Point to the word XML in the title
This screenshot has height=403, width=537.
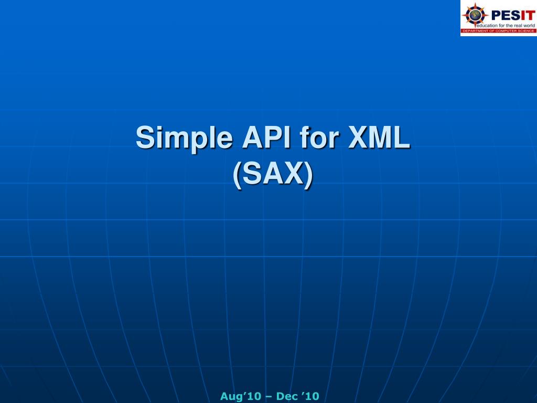380,138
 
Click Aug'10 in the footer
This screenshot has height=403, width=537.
240,396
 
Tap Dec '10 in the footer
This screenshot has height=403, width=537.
297,396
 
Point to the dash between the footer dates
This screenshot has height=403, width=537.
268,397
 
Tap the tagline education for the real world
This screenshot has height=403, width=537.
504,25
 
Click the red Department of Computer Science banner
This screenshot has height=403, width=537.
499,31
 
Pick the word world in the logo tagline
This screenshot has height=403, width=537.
527,25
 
